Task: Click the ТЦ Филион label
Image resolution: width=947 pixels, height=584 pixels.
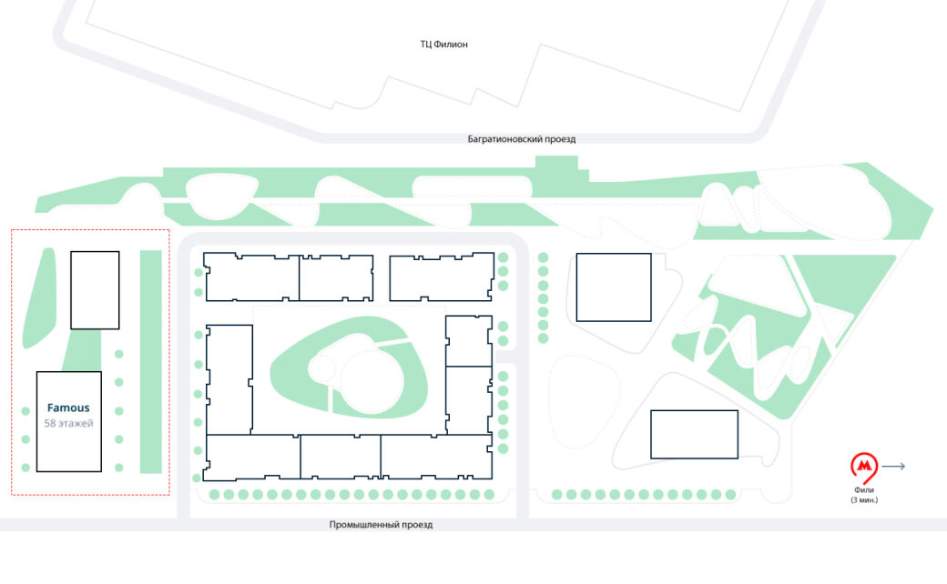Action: pos(444,44)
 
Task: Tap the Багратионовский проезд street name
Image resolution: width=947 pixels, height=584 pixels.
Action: pos(521,139)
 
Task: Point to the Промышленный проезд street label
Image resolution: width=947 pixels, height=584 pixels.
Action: pos(382,525)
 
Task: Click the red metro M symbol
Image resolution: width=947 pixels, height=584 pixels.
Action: pos(864,467)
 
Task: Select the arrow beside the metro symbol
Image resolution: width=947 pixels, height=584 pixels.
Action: pos(893,467)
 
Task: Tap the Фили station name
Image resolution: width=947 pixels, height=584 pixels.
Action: pos(864,490)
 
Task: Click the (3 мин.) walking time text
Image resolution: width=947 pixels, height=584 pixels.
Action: pos(864,500)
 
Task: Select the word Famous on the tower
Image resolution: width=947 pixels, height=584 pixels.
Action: pos(68,408)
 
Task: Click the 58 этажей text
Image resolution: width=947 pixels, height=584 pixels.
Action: pos(69,424)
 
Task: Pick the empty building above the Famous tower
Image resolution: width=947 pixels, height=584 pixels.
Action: pos(95,290)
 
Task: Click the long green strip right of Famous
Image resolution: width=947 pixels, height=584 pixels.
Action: pos(151,362)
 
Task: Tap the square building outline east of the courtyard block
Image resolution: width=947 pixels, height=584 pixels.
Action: pos(614,287)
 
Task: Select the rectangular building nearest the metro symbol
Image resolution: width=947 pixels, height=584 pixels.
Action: pos(694,435)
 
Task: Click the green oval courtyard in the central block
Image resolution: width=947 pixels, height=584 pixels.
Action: pos(349,368)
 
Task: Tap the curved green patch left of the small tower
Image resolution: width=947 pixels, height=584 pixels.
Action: pos(39,298)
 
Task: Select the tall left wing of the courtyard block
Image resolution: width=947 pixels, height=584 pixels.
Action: pos(229,379)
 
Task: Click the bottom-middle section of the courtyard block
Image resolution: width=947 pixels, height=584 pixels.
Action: pos(340,457)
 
